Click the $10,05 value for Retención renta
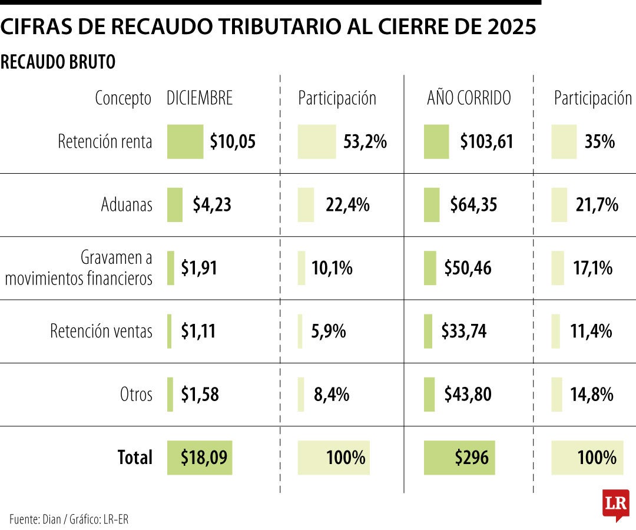[x=233, y=142]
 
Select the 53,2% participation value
[x=365, y=142]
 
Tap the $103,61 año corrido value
[x=486, y=142]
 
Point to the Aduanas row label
[x=126, y=205]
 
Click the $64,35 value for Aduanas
[x=473, y=205]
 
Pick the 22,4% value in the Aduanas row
[x=347, y=205]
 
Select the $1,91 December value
[x=199, y=269]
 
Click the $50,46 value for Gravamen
[x=468, y=269]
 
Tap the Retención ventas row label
[x=101, y=332]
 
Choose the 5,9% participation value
[x=329, y=332]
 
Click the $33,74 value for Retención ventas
[x=464, y=332]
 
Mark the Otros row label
[x=136, y=395]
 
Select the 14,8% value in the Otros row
[x=592, y=395]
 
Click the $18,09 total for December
[x=203, y=458]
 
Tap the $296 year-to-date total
[x=471, y=458]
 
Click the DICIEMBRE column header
[x=200, y=98]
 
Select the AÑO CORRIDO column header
[x=469, y=98]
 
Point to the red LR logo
[x=615, y=504]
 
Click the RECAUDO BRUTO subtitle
[x=58, y=62]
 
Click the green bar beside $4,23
[x=175, y=205]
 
